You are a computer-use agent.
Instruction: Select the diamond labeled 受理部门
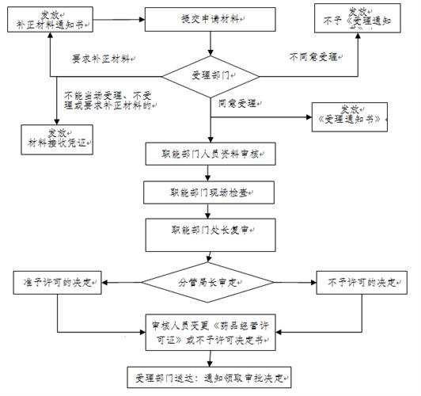click(210, 77)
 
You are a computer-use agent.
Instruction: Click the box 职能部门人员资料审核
click(210, 152)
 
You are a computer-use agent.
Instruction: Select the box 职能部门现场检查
click(210, 192)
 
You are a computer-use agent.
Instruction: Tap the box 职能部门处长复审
click(210, 230)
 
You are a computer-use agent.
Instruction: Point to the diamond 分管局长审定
click(210, 280)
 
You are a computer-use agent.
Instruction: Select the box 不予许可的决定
click(360, 280)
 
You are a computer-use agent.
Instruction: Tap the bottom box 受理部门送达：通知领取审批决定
click(210, 375)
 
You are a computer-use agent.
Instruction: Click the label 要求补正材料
click(103, 59)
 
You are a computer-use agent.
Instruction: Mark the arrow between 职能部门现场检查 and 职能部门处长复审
click(210, 211)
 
